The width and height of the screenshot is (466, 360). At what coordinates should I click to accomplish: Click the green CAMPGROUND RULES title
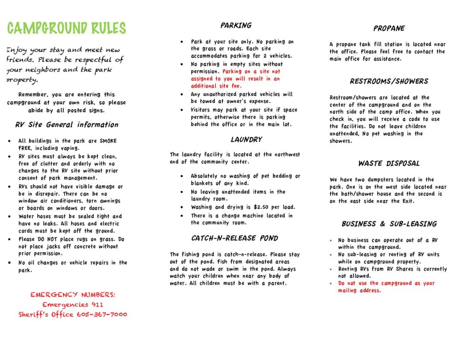(66, 28)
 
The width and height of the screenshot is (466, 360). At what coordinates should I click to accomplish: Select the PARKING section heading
(236, 25)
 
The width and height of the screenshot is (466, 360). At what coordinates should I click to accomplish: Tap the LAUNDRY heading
(246, 139)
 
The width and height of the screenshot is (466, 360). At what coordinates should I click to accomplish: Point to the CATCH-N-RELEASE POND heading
(234, 238)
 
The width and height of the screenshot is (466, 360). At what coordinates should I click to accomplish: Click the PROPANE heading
(389, 28)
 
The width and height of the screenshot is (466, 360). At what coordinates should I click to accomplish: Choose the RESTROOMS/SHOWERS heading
(389, 81)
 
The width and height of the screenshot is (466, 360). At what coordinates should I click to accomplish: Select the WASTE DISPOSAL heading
(389, 163)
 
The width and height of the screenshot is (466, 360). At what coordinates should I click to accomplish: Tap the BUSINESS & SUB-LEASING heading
(389, 224)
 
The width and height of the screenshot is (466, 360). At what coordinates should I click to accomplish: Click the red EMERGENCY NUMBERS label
(73, 295)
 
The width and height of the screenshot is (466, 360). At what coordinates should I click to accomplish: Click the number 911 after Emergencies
(96, 304)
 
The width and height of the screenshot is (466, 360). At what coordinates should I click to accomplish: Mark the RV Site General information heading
(66, 125)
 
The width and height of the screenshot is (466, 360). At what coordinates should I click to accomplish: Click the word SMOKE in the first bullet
(108, 141)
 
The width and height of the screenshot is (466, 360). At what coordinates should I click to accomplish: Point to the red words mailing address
(359, 290)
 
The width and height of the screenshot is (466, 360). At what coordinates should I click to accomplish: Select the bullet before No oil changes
(10, 263)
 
